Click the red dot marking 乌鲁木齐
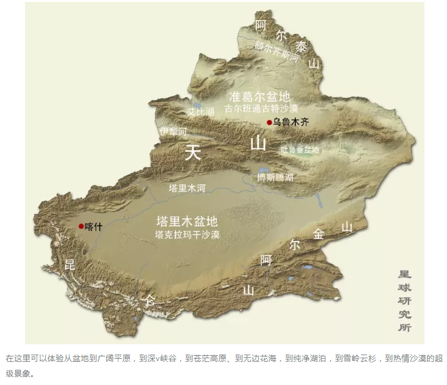tap(269, 122)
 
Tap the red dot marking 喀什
tap(81, 226)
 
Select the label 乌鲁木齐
tap(290, 122)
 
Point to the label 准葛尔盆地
tap(259, 97)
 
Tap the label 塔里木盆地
tap(187, 221)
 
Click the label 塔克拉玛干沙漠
tap(187, 234)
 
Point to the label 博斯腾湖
tap(275, 178)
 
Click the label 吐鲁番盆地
tap(300, 149)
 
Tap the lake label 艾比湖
tap(201, 112)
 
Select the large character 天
tap(193, 152)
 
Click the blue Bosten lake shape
tap(264, 171)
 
